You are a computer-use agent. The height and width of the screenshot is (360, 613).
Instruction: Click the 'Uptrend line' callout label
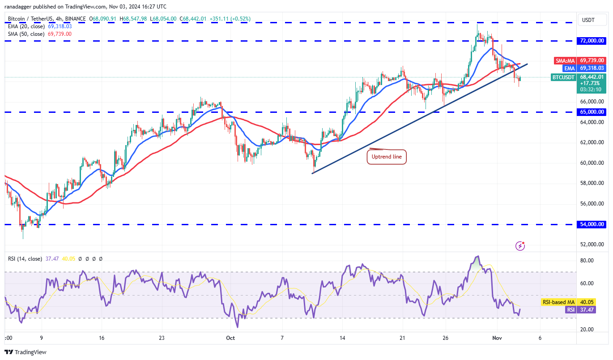387,157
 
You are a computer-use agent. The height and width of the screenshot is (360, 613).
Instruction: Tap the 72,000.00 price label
592,41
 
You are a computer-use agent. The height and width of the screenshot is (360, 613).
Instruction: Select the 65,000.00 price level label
592,112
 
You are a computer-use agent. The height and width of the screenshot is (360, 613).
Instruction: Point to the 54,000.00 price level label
592,224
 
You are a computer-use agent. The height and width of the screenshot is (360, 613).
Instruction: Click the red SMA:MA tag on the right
565,60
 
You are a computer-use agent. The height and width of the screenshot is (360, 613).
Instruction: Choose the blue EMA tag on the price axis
570,68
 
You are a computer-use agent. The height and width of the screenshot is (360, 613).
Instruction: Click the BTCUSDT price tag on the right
563,77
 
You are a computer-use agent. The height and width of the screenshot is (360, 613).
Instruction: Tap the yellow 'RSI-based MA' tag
558,302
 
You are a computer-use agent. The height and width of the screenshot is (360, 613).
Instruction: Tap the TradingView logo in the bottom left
26,352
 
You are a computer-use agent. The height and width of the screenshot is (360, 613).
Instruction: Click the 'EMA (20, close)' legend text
26,26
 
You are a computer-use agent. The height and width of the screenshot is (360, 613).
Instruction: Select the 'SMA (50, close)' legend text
26,34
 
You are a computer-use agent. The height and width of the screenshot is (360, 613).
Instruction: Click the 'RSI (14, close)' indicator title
25,259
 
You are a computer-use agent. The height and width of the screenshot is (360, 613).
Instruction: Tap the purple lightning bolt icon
520,245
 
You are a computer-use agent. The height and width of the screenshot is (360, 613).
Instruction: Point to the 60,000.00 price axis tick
592,163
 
